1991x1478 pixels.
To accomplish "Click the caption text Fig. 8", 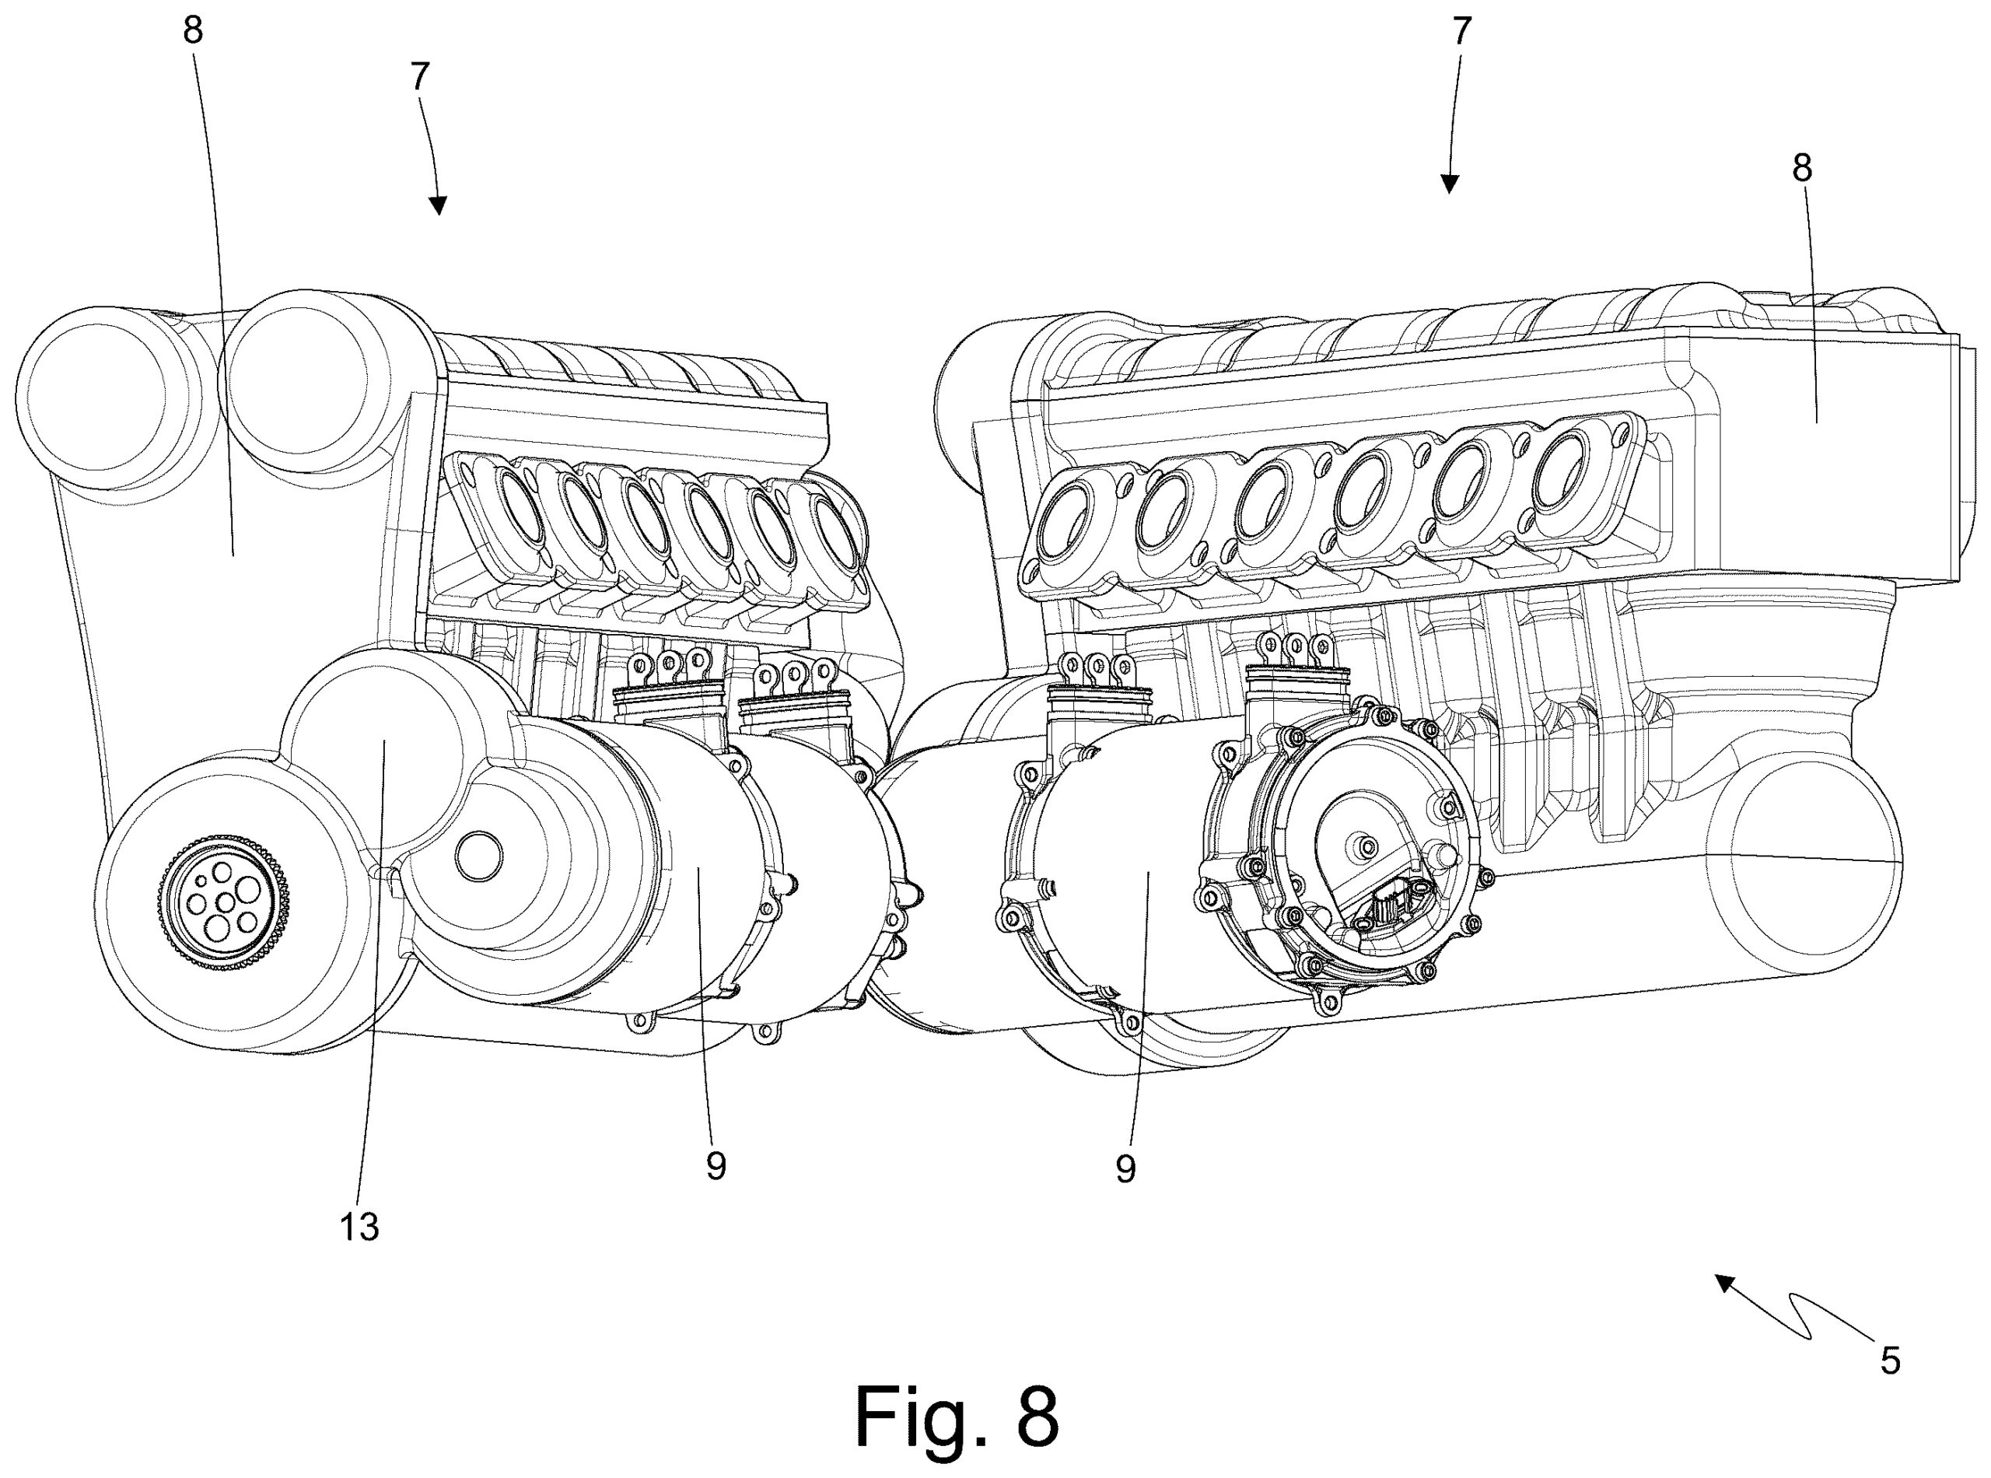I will point(957,1417).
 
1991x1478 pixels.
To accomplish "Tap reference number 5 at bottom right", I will point(1890,1361).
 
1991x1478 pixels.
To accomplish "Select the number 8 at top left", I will point(192,30).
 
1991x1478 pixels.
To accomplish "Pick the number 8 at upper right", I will point(1801,168).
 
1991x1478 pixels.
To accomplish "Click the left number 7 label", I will point(421,77).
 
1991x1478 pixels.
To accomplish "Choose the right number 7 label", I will point(1461,32).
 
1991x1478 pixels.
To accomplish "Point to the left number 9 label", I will point(716,1166).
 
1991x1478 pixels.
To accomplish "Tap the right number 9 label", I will point(1125,1168).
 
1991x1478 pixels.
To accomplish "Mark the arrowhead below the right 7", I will point(1450,185).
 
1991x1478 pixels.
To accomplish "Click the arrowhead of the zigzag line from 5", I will point(1722,1282).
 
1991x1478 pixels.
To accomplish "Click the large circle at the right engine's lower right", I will point(1807,859).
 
